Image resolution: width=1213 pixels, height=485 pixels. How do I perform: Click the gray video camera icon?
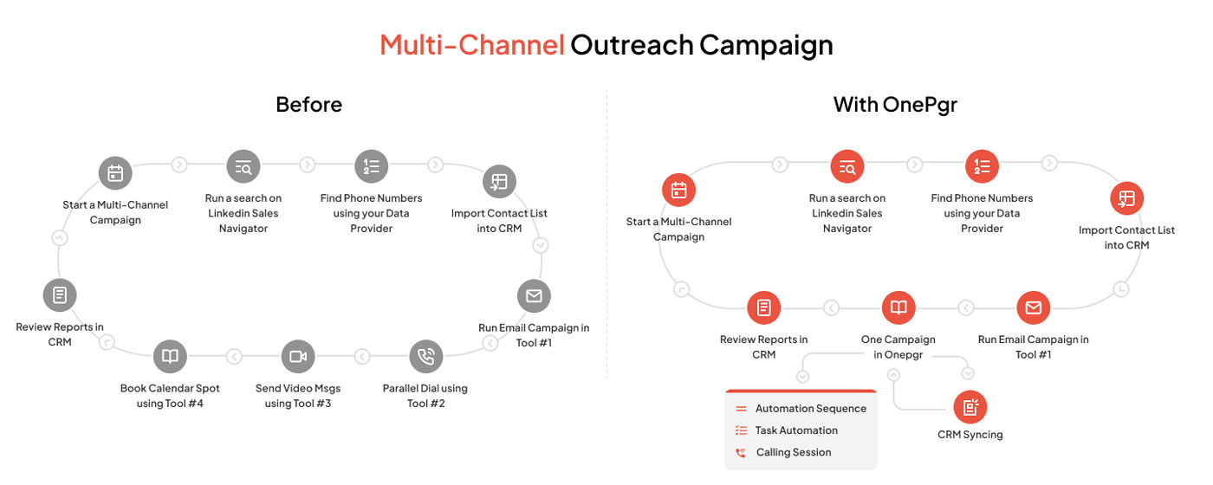(x=298, y=356)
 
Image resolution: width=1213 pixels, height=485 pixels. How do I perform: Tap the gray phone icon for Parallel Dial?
(x=426, y=356)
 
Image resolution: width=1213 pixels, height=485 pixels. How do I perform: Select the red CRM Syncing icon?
(x=970, y=407)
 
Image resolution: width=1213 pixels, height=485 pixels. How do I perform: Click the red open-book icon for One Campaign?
(x=898, y=307)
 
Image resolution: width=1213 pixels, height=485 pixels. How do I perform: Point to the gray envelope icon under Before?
(x=534, y=295)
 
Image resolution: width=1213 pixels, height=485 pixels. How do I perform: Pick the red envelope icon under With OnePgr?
(x=1033, y=307)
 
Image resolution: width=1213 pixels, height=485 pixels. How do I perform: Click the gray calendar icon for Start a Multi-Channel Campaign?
(x=115, y=173)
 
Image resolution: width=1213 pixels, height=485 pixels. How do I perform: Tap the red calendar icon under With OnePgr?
(x=678, y=190)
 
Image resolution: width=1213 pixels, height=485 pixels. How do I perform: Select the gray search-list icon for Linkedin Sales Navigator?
(x=243, y=166)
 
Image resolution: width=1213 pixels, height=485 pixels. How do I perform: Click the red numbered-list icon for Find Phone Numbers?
(x=982, y=166)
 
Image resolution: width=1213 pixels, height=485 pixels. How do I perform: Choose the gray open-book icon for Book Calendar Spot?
(x=170, y=356)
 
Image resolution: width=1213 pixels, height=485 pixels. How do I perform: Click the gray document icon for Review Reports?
(x=60, y=295)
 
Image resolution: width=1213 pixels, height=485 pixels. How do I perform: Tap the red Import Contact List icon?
(x=1126, y=198)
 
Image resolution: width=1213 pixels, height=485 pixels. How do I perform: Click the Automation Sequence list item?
(x=801, y=409)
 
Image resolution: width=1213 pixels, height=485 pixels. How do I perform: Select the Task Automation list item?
(x=787, y=430)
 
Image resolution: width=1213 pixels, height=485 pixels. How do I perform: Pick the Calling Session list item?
(x=783, y=452)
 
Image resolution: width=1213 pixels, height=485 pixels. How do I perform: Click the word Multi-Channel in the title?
(x=471, y=45)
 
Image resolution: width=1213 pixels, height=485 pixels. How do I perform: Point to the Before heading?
(x=308, y=105)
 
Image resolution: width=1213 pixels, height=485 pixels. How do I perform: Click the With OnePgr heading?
(x=895, y=105)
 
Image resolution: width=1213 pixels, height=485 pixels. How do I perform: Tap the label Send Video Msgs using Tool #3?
(x=298, y=396)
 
